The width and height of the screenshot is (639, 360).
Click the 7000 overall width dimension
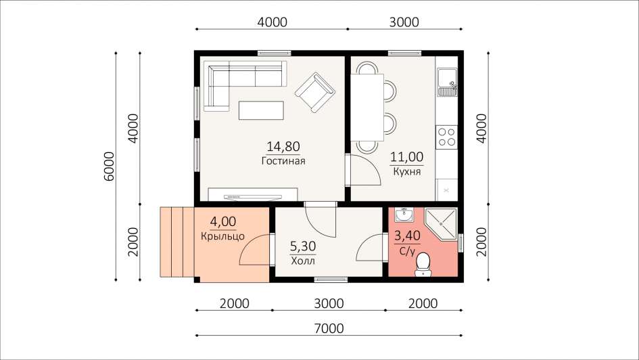point(329,328)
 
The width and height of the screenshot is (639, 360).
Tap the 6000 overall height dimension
point(109,166)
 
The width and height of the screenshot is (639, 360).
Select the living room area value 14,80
point(283,146)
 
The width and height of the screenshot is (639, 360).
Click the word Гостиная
point(283,160)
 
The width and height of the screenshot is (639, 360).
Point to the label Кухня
point(406,171)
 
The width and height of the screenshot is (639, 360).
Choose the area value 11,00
point(406,157)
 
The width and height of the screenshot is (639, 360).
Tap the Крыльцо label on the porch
point(222,236)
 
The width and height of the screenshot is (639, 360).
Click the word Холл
point(303,261)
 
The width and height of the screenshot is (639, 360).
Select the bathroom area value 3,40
point(407,236)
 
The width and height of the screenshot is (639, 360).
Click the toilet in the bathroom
point(424,264)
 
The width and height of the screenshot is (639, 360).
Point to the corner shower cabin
point(441,224)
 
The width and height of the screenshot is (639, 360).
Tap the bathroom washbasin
point(404,215)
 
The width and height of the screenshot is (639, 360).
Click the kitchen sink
point(448,82)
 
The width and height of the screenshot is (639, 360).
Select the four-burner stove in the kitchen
point(446,137)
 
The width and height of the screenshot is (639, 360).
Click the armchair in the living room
point(314,92)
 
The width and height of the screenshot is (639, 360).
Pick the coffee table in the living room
point(261,110)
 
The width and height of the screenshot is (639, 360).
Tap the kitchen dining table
point(367,107)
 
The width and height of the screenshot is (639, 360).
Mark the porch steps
point(177,242)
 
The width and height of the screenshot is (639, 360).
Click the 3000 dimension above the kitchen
point(404,22)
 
